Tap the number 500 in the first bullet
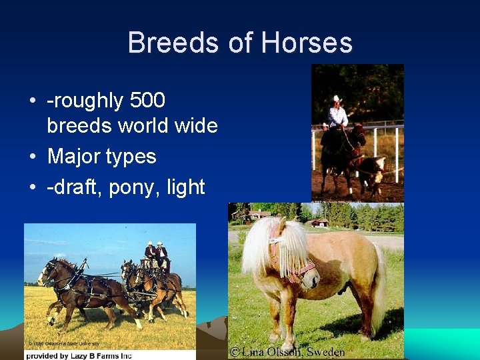(x=147, y=101)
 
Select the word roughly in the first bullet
(x=86, y=101)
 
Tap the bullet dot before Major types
(x=32, y=157)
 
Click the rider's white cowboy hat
(x=337, y=99)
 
